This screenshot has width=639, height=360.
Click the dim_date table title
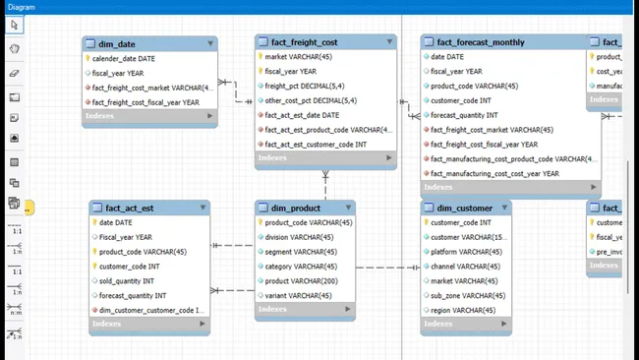pyautogui.click(x=118, y=44)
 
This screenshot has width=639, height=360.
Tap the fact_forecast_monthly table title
pyautogui.click(x=481, y=42)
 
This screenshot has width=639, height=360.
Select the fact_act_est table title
pyautogui.click(x=129, y=208)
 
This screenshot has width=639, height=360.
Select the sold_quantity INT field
pyautogui.click(x=133, y=280)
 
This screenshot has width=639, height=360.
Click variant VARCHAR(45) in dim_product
pyautogui.click(x=298, y=295)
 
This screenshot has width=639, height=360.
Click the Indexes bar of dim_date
pyautogui.click(x=148, y=116)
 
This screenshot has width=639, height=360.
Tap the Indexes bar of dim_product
pyautogui.click(x=305, y=310)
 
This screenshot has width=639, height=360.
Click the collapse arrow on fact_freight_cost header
pyautogui.click(x=389, y=42)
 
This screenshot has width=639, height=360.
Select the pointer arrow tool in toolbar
pyautogui.click(x=14, y=25)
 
